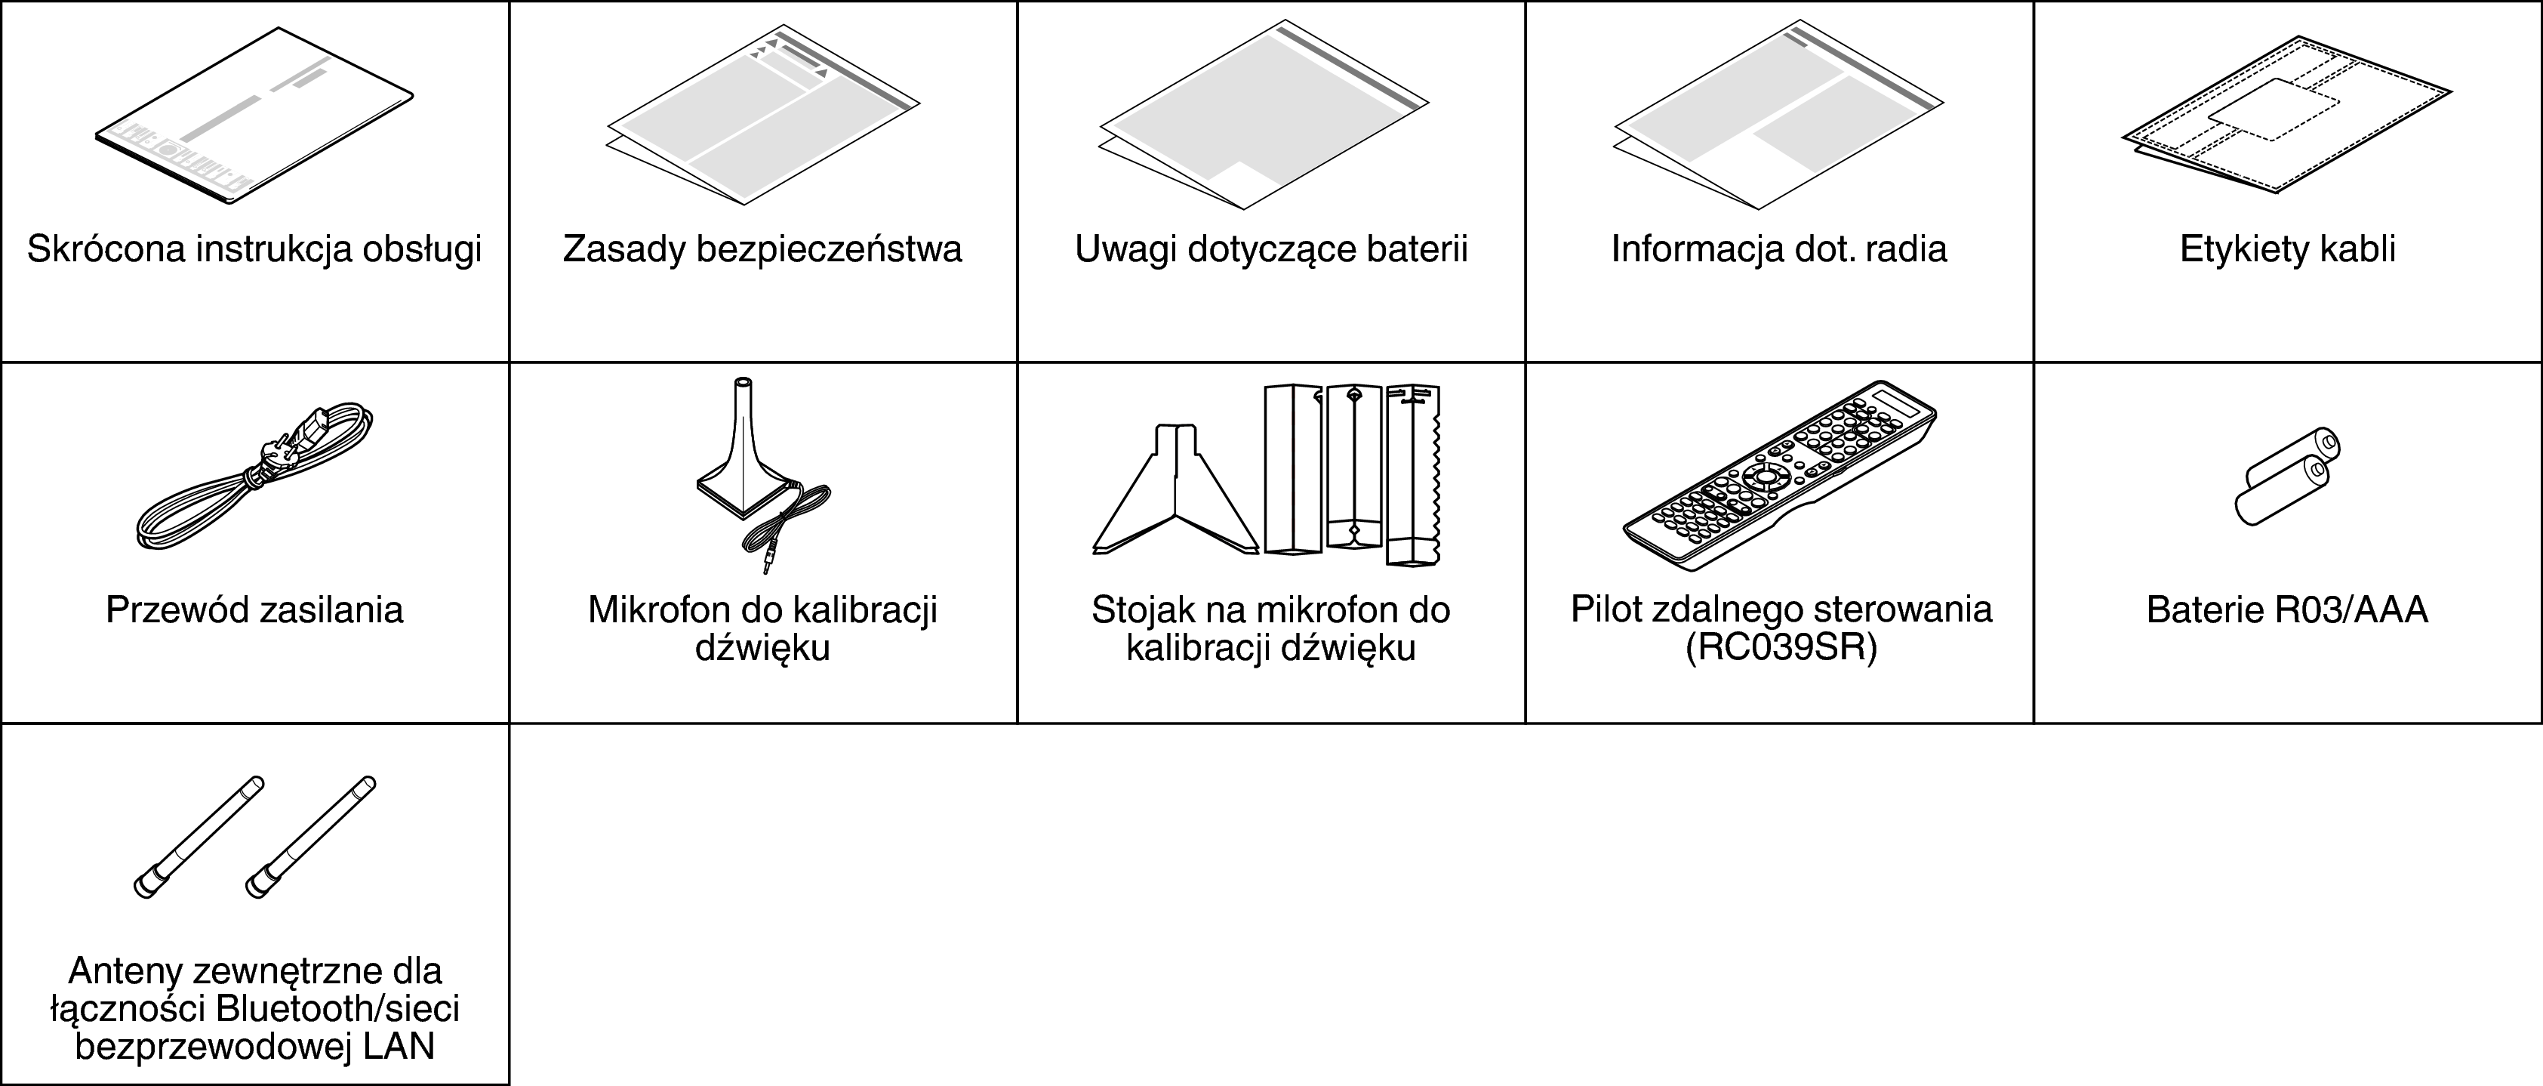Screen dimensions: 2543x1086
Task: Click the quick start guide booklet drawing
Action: tap(254, 116)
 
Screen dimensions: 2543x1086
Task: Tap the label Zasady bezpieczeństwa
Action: tap(762, 248)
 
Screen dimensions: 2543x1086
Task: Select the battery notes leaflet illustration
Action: tap(1264, 116)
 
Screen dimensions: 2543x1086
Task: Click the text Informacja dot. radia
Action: tap(1779, 248)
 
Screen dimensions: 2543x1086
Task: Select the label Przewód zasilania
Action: tap(254, 610)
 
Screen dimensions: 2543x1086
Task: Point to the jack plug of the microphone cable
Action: tap(766, 560)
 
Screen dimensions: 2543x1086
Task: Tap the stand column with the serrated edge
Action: tap(1414, 474)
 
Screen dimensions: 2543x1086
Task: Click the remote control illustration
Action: tap(1780, 474)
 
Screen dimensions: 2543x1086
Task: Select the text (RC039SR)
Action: tap(1781, 648)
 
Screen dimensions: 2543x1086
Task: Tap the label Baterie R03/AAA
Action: tap(2287, 610)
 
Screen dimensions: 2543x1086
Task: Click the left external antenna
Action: tap(199, 838)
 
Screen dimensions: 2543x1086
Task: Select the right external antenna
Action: tap(310, 838)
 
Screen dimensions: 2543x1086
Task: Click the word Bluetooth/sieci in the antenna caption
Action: tap(337, 1009)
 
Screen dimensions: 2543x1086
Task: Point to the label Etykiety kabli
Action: tap(2287, 248)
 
